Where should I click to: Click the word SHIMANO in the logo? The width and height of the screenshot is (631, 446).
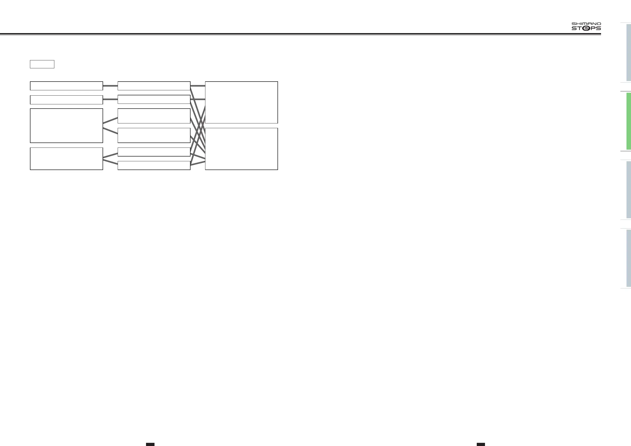click(x=586, y=24)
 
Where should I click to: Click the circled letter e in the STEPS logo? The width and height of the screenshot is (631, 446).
click(x=586, y=28)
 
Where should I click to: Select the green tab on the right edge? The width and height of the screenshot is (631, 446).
click(x=629, y=121)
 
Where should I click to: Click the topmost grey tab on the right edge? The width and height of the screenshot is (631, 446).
click(x=629, y=52)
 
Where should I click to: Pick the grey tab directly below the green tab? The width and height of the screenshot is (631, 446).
click(x=629, y=189)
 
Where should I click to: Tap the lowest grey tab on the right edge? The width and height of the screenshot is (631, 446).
click(x=629, y=258)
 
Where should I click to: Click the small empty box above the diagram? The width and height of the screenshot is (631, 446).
click(x=42, y=64)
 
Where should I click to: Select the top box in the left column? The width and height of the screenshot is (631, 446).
click(x=66, y=86)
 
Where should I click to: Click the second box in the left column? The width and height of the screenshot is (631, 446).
click(x=66, y=100)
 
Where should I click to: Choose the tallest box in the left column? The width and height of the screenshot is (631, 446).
click(x=66, y=126)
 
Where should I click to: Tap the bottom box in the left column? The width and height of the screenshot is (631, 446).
click(x=66, y=158)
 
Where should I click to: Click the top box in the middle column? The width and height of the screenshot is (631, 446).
click(x=154, y=86)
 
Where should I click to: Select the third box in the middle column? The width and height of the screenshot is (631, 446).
click(x=154, y=116)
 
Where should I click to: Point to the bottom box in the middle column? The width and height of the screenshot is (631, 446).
click(x=154, y=165)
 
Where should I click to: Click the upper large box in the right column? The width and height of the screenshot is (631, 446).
click(x=241, y=102)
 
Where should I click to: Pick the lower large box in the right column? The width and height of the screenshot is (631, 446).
click(x=241, y=149)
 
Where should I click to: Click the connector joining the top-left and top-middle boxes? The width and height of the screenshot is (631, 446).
click(x=110, y=86)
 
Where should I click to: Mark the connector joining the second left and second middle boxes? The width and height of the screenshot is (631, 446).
click(x=110, y=99)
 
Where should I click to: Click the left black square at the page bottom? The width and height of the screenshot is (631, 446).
click(x=150, y=444)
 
